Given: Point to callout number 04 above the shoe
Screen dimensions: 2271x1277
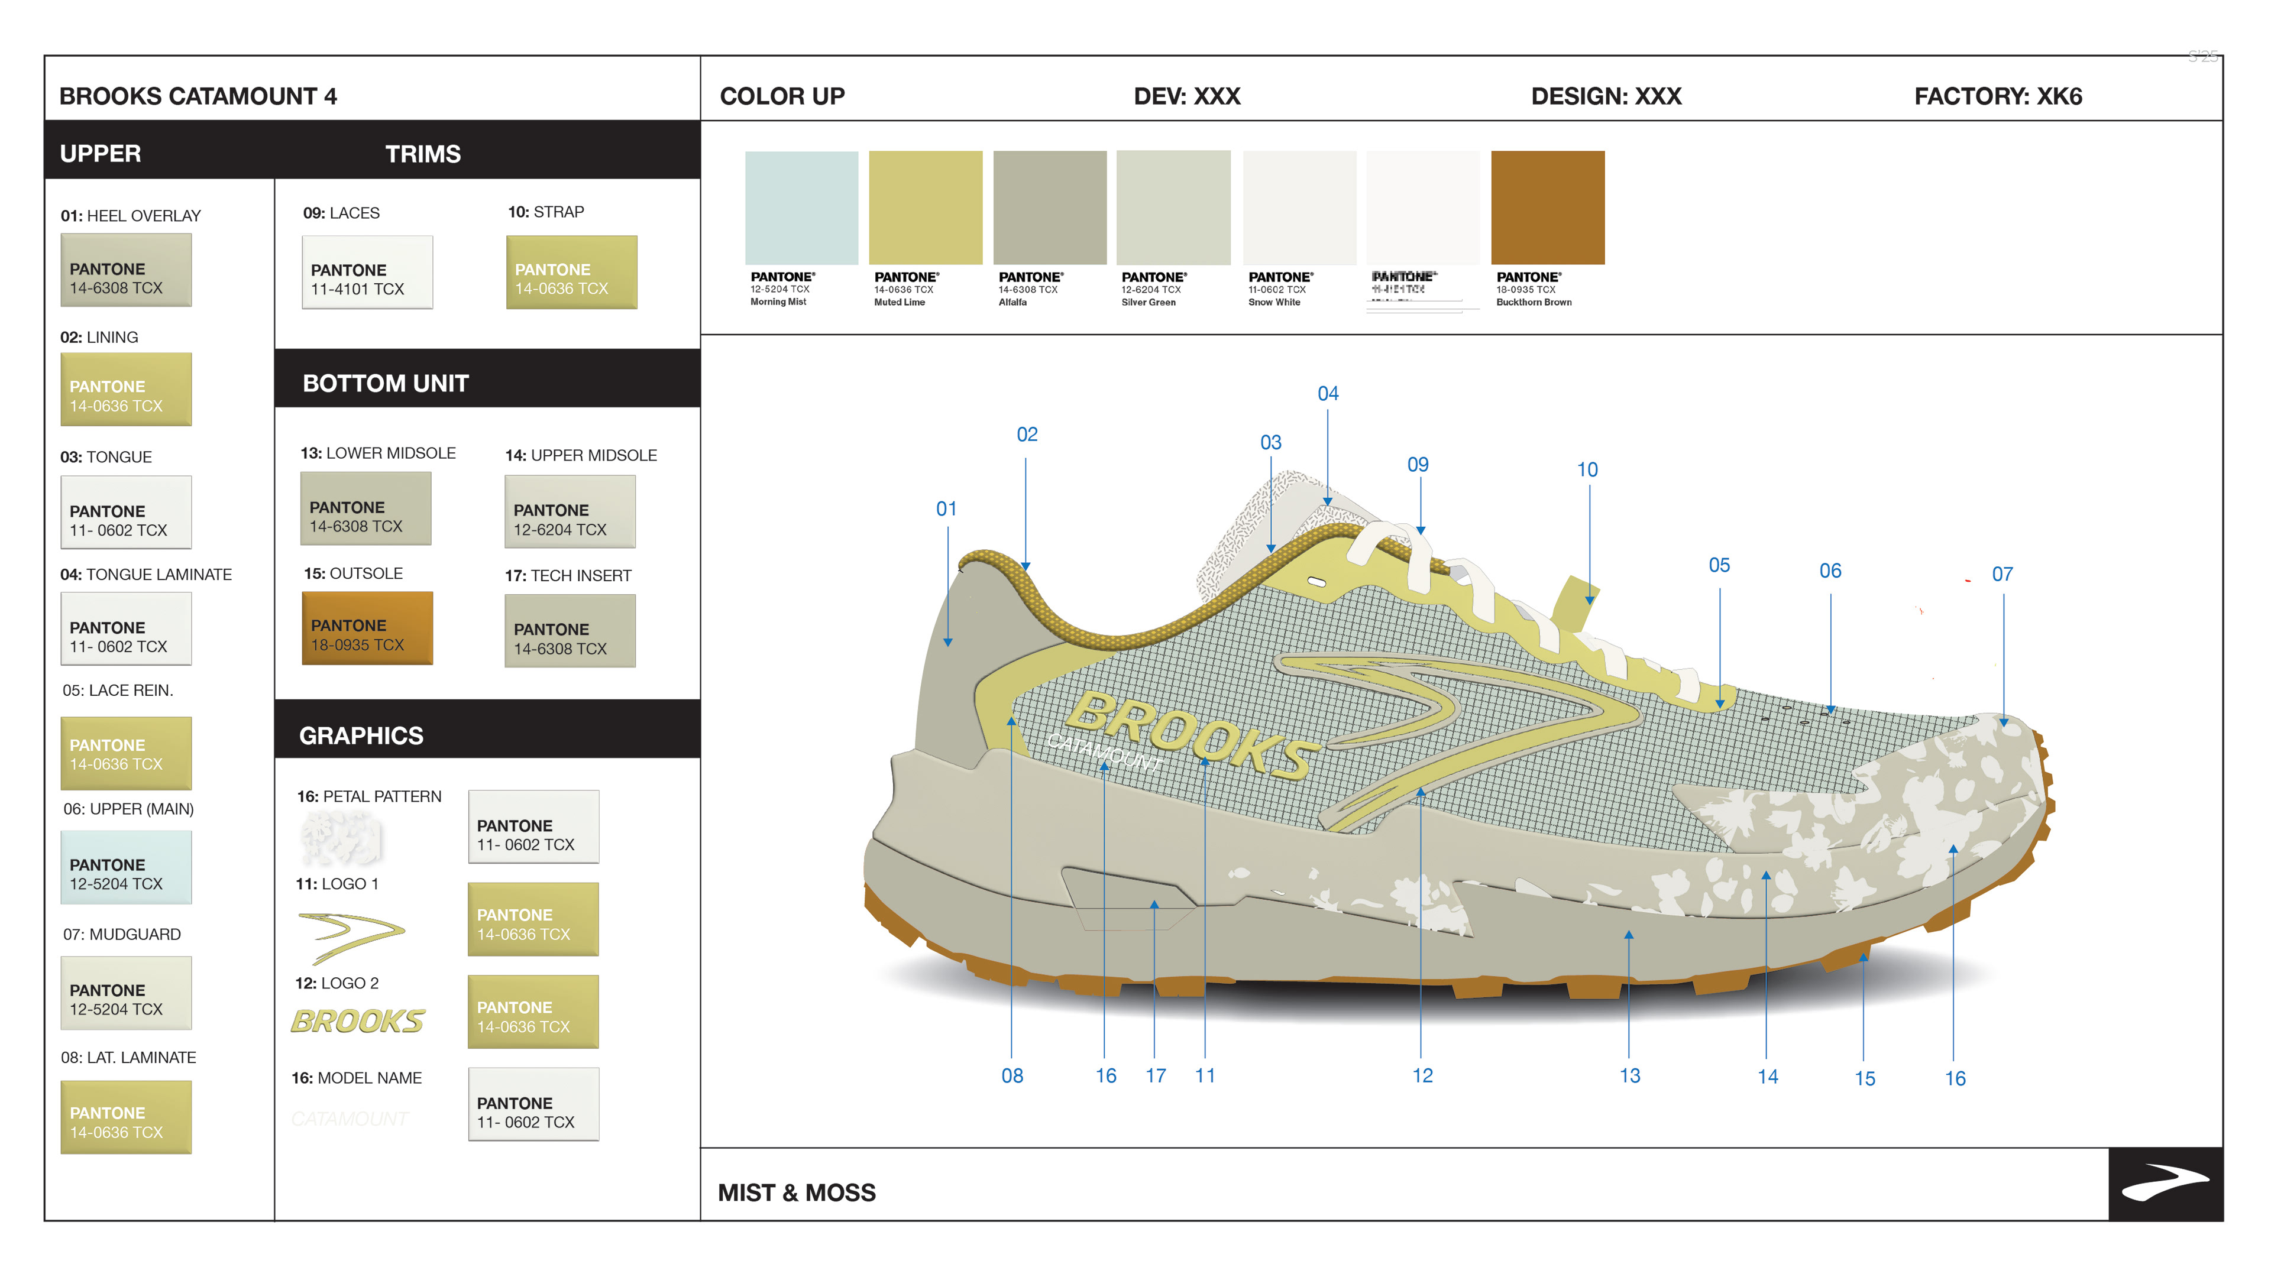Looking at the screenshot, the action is pyautogui.click(x=1328, y=393).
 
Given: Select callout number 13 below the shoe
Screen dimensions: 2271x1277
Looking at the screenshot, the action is pyautogui.click(x=1629, y=1075).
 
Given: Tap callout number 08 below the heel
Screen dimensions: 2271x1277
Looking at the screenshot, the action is pyautogui.click(x=1012, y=1075).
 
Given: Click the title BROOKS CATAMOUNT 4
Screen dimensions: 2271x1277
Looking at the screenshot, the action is pyautogui.click(x=198, y=96).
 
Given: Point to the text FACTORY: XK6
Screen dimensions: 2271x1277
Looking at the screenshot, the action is pyautogui.click(x=1998, y=96).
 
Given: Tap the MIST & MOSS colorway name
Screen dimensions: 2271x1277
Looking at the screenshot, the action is pyautogui.click(x=796, y=1192).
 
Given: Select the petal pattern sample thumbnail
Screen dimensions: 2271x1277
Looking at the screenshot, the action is pyautogui.click(x=341, y=837).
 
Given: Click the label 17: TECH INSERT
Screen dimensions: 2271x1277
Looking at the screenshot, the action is pyautogui.click(x=568, y=575).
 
